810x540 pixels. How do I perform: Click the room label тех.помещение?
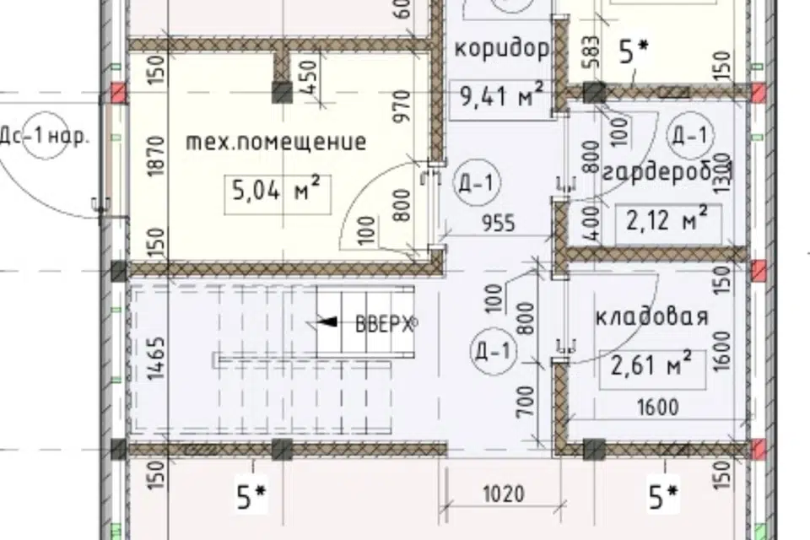(275, 142)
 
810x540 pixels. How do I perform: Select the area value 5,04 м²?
(275, 192)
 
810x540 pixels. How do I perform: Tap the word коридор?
(502, 48)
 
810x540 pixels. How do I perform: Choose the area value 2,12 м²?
(667, 221)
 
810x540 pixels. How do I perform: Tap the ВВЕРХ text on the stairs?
(384, 323)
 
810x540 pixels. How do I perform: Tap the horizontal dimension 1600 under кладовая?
(658, 408)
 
